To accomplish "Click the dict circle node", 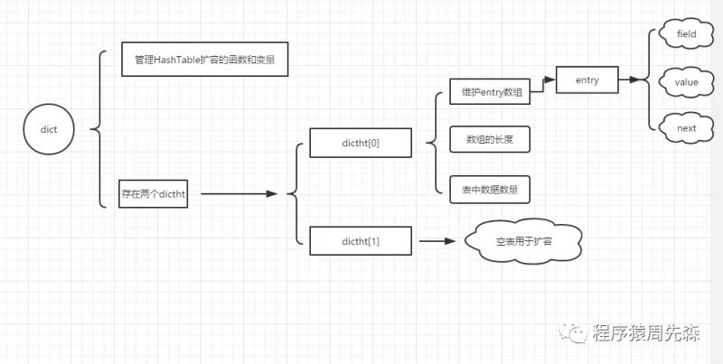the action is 49,129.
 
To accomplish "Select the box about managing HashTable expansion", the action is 205,59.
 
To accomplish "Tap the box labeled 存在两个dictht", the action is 153,194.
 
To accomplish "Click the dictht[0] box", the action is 361,143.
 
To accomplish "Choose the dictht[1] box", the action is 361,240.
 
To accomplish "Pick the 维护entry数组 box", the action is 490,92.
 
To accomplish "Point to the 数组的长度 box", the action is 490,139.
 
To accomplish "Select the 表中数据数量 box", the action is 490,190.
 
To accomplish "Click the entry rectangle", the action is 587,79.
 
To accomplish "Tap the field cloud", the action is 686,33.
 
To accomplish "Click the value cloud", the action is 686,82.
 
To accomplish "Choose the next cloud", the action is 686,128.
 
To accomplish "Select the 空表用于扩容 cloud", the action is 523,241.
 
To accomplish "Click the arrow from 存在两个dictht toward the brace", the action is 239,194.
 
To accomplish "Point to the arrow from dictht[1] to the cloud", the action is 437,240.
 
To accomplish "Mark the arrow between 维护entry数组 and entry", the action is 542,86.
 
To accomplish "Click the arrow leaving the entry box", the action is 629,79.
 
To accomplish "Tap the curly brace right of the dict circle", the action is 99,129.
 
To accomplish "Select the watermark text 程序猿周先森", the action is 646,332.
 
